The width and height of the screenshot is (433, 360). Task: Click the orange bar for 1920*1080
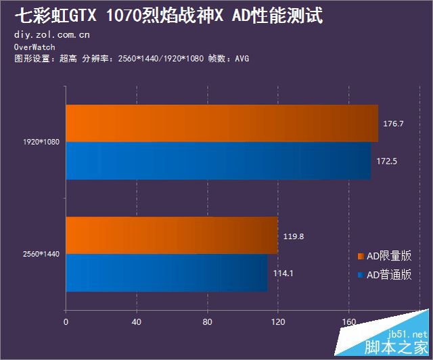pyautogui.click(x=222, y=123)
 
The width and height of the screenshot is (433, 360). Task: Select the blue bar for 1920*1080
pyautogui.click(x=218, y=161)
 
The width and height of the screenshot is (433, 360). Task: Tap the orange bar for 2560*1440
pyautogui.click(x=172, y=235)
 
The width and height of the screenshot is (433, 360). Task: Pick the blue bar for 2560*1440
pyautogui.click(x=166, y=273)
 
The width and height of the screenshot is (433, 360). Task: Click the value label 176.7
pyautogui.click(x=393, y=124)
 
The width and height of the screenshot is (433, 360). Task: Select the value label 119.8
pyautogui.click(x=293, y=237)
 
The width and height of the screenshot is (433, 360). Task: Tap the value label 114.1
pyautogui.click(x=282, y=273)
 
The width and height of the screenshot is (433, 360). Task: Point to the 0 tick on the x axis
pyautogui.click(x=66, y=321)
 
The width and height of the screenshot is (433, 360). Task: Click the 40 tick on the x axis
pyautogui.click(x=137, y=321)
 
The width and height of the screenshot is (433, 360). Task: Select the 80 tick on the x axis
pyautogui.click(x=207, y=321)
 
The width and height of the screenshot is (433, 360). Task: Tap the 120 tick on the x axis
pyautogui.click(x=278, y=321)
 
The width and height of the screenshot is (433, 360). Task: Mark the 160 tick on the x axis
pyautogui.click(x=348, y=321)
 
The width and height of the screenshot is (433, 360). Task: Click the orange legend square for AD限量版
pyautogui.click(x=361, y=256)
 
